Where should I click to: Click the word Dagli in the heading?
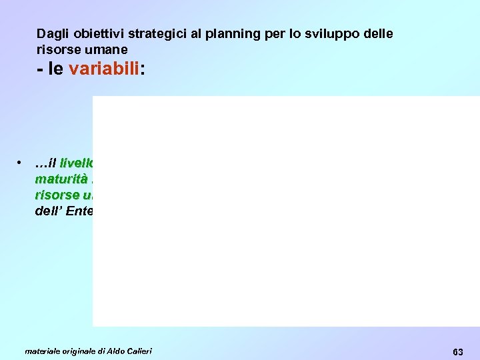51,33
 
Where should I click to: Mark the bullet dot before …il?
22,163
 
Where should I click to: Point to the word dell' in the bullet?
51,211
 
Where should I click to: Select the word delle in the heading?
379,33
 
